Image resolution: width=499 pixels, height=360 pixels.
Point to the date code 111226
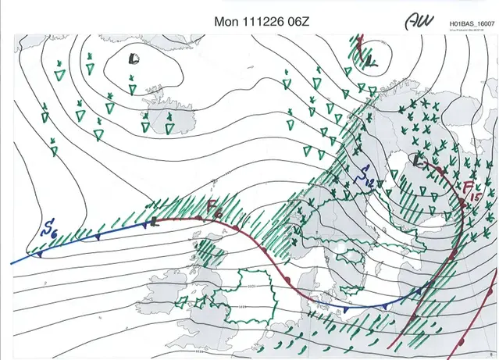point(262,21)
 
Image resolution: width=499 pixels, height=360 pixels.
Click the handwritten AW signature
point(419,23)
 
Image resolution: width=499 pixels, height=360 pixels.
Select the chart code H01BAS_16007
point(468,25)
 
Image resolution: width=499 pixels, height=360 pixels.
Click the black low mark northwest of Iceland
point(134,58)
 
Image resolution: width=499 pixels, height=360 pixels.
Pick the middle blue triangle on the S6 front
point(97,236)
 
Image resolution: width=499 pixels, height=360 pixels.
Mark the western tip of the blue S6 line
point(12,263)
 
